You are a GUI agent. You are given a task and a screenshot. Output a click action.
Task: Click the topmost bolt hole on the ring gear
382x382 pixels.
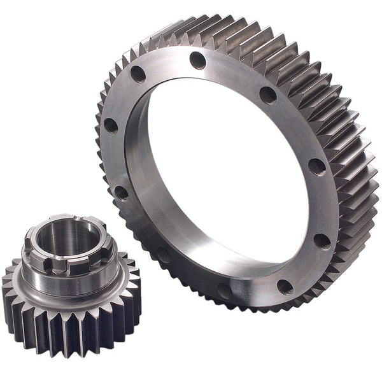point(198,60)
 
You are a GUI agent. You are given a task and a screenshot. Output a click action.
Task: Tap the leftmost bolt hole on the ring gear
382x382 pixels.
point(111,125)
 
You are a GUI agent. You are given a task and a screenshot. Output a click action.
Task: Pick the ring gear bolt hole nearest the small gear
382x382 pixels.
point(164,255)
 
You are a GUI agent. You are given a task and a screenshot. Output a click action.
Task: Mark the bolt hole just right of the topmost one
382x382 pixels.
point(268,95)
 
